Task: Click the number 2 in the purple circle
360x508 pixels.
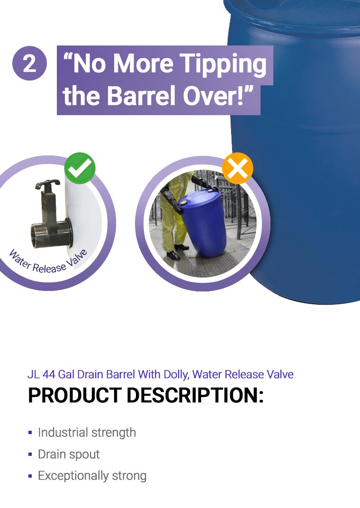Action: click(29, 63)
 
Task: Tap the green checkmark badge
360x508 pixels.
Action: click(80, 168)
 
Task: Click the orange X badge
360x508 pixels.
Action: click(238, 168)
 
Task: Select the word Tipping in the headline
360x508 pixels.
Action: click(223, 64)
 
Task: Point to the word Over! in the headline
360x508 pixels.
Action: click(217, 96)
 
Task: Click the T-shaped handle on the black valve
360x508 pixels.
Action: click(47, 184)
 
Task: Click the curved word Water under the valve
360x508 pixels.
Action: click(19, 259)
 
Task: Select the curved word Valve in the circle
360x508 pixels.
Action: click(77, 259)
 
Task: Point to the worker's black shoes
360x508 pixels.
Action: click(177, 253)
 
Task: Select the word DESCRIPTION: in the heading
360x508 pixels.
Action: click(195, 396)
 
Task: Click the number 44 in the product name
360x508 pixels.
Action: click(49, 374)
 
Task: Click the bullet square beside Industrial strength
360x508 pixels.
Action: click(30, 433)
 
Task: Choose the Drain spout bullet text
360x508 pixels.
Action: click(69, 454)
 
